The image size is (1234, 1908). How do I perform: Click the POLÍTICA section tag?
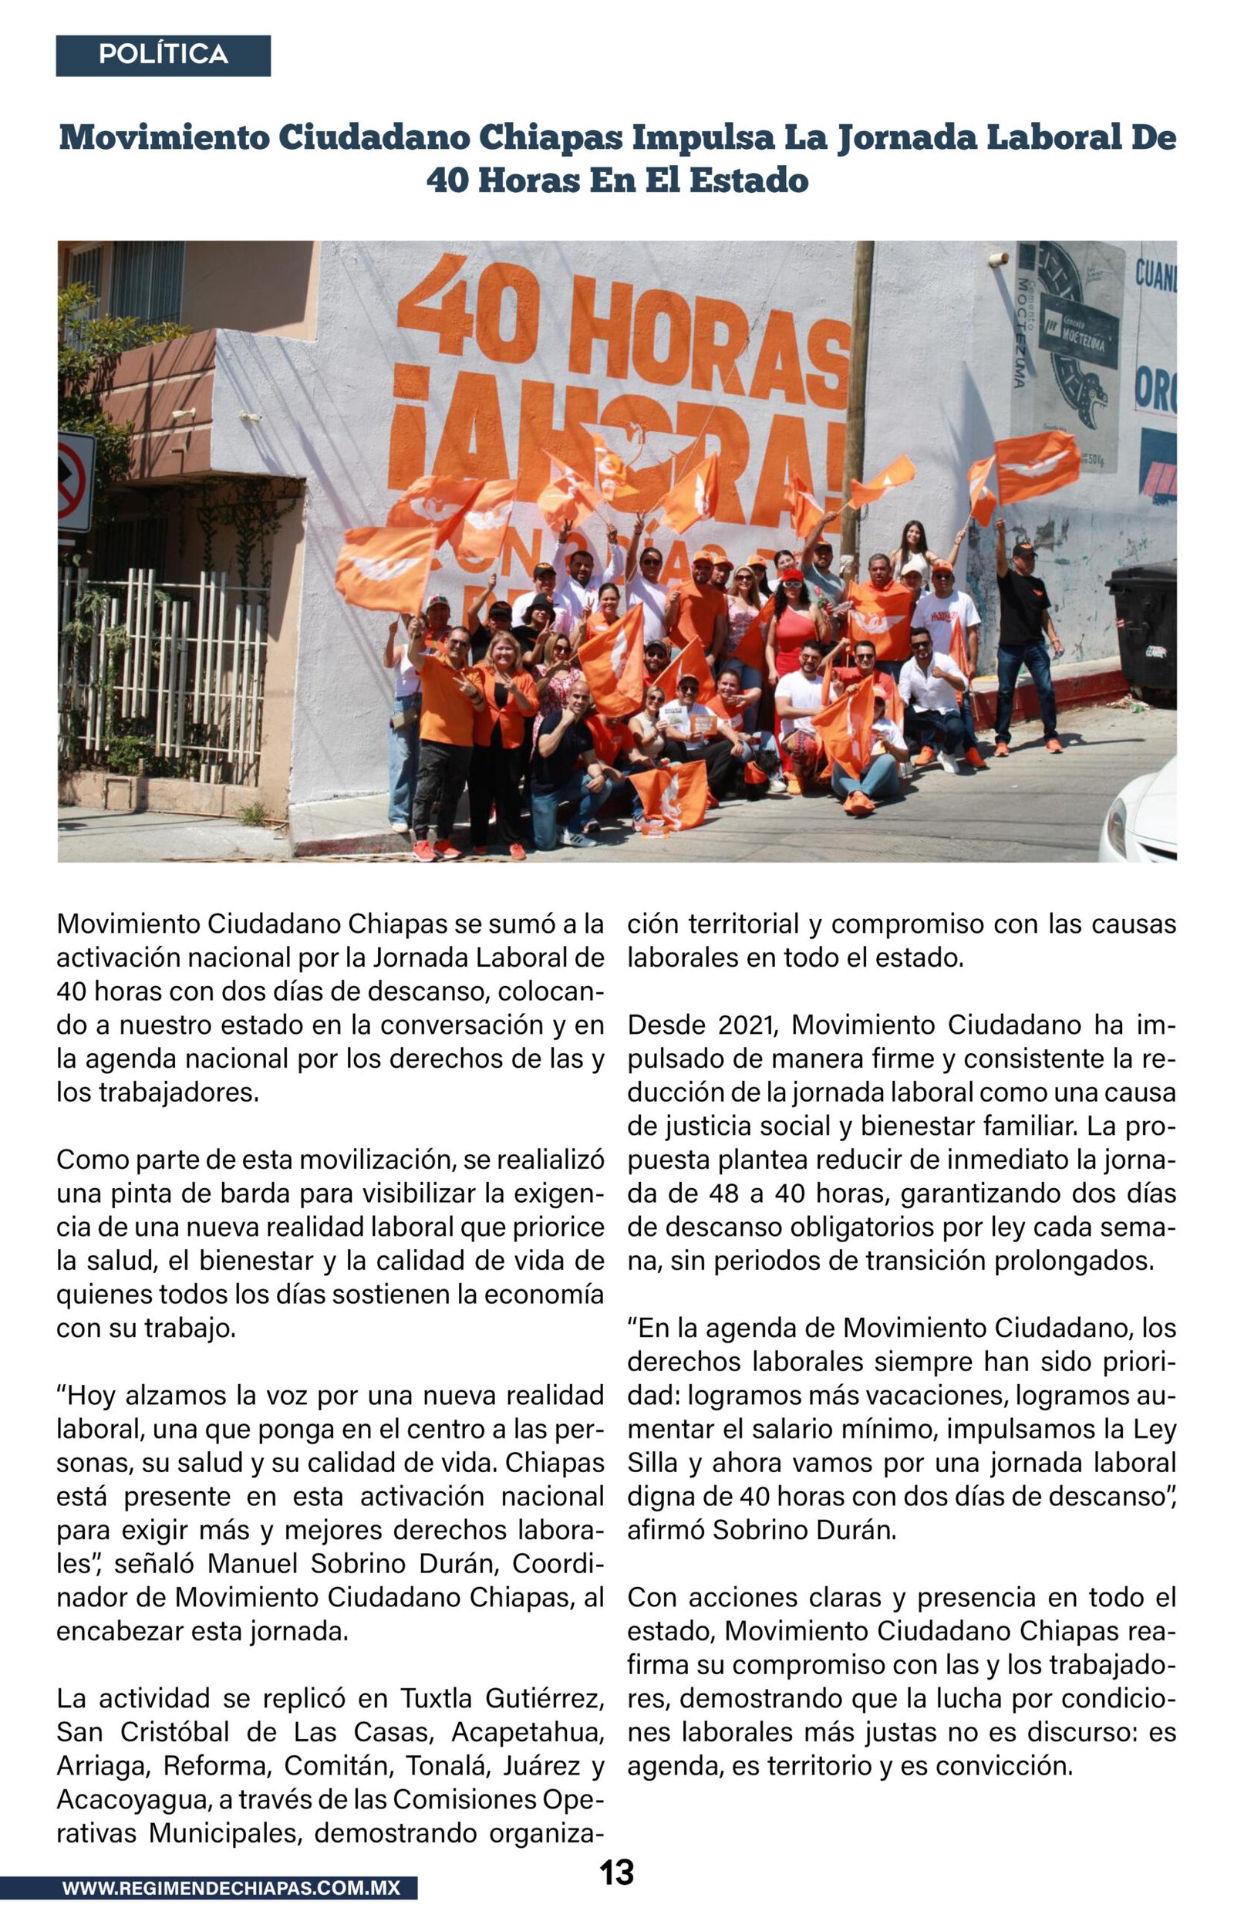click(163, 55)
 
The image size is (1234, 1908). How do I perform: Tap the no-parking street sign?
click(75, 480)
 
